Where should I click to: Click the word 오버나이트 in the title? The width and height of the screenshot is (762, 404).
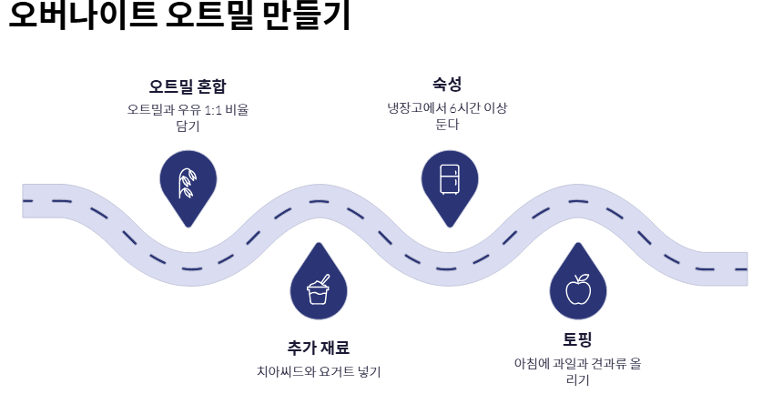pos(76,15)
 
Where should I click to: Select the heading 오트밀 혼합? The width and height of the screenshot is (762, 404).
pos(188,86)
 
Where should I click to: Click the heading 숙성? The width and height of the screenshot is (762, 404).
pos(447,84)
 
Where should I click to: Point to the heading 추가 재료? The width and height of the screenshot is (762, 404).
pos(318,348)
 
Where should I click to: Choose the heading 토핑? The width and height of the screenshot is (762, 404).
pos(577,340)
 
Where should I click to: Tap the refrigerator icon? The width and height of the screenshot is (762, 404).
pos(450,178)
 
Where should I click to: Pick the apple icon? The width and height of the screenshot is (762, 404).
pos(578,289)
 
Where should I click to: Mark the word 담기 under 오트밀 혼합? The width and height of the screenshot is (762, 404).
pos(188,126)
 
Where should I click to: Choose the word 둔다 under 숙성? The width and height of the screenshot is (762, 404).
pos(447,124)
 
